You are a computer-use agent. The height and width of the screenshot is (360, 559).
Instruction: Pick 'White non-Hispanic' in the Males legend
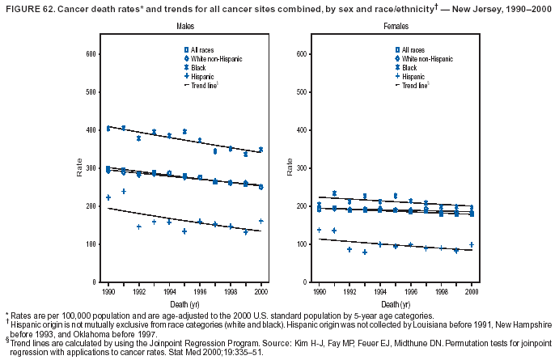[214, 59]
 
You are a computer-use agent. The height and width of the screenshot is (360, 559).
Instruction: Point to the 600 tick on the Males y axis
[92, 54]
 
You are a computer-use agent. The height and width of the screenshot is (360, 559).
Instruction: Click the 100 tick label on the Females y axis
[298, 244]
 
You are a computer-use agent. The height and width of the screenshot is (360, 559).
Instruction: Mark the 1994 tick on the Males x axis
[169, 290]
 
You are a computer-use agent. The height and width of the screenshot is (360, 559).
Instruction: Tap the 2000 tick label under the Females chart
[472, 290]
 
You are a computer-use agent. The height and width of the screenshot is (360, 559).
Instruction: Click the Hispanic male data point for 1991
[124, 192]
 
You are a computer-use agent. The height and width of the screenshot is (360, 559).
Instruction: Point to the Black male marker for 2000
[260, 150]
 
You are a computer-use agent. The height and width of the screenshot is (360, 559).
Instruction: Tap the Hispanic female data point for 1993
[365, 252]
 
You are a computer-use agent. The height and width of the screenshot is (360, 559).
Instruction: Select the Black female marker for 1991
[334, 193]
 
